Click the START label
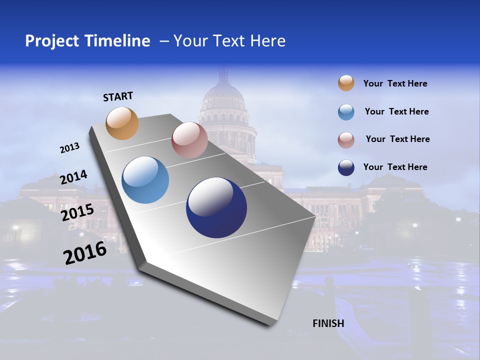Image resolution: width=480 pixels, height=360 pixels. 118,96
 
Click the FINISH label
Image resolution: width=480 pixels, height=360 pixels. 328,323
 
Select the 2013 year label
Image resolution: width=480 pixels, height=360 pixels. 69,148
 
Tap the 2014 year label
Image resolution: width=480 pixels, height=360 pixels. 73,177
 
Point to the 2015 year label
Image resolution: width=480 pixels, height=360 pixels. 77,212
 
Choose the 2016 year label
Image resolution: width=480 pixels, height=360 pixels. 85,253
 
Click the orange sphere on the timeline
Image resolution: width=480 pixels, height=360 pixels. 122,123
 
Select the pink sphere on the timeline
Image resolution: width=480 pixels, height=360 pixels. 189,140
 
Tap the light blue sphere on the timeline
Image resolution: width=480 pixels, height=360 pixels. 145,180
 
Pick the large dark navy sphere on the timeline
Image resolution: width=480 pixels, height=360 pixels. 216,207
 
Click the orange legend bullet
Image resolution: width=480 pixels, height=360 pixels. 346,83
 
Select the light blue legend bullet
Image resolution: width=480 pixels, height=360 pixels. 346,112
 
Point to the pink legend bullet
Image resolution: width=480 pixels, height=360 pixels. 346,139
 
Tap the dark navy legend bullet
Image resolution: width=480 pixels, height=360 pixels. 346,167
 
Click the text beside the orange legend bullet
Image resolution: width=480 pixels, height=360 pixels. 395,83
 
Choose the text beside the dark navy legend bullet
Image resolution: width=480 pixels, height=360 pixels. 395,167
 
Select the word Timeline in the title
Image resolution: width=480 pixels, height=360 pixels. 118,41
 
